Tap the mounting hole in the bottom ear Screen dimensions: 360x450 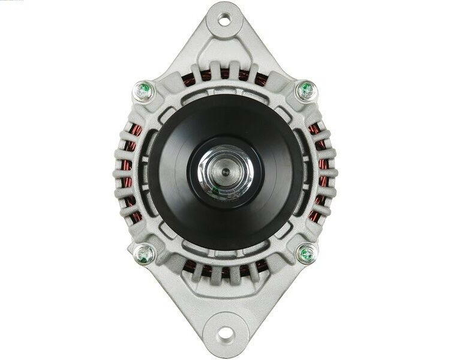point(226,332)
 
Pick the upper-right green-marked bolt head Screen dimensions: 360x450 point(305,91)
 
